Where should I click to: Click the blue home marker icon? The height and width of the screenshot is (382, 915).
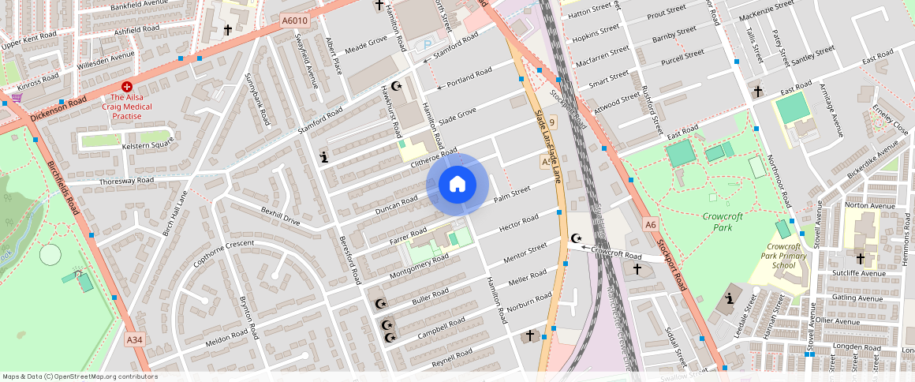click(458, 185)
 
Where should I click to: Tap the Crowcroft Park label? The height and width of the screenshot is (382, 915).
click(718, 221)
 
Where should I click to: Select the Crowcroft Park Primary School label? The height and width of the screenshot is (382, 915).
click(784, 256)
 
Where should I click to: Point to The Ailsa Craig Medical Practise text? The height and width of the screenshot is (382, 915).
click(126, 106)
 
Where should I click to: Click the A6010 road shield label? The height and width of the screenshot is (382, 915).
click(293, 21)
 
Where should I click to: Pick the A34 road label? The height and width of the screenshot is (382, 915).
click(136, 339)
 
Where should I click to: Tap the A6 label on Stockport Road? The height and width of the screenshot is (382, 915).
click(650, 225)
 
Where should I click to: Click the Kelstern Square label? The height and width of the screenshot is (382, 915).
click(148, 145)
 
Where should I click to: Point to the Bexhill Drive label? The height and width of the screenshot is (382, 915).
click(281, 216)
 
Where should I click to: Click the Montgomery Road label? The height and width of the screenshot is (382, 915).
click(419, 270)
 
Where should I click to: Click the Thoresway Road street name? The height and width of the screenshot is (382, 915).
click(126, 181)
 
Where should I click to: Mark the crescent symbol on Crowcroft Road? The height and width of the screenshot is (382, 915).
click(577, 238)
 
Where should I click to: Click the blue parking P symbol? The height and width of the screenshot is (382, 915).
click(428, 46)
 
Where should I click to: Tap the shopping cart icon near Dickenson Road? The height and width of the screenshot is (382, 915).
click(16, 98)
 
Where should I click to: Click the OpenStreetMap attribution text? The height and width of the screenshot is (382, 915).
click(79, 376)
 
